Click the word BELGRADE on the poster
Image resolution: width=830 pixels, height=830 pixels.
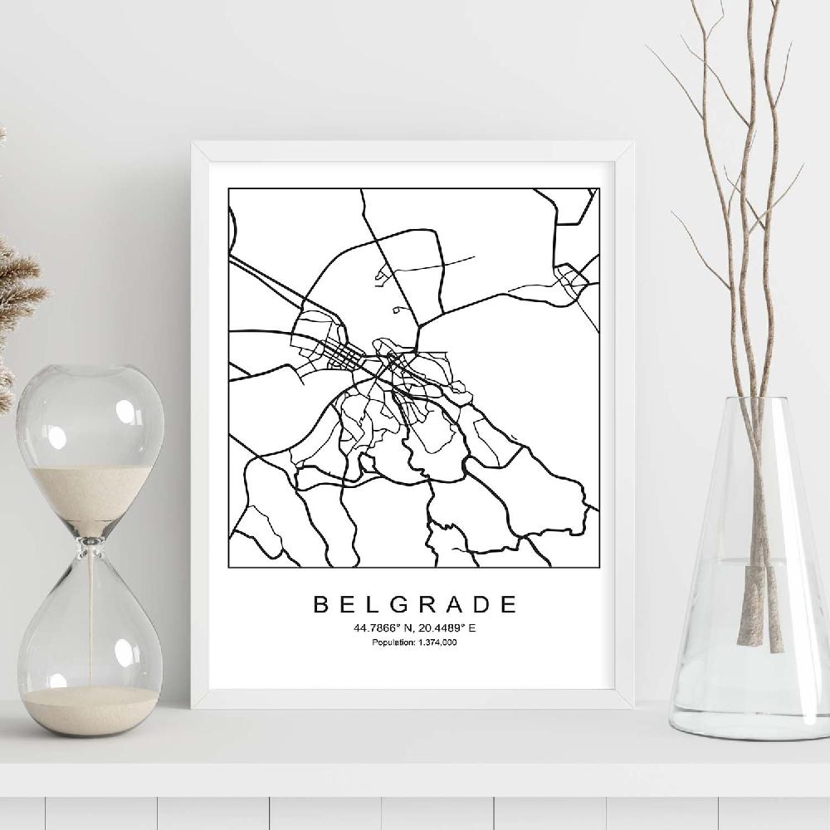[414, 604]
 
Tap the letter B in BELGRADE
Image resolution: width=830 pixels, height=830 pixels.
[320, 604]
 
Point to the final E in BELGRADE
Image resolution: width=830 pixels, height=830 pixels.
[508, 604]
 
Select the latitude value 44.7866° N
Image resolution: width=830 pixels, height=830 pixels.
[383, 628]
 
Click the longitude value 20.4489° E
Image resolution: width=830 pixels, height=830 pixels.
[447, 628]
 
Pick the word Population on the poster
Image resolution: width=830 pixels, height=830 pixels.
[392, 642]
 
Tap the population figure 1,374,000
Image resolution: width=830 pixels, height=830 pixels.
[438, 642]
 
